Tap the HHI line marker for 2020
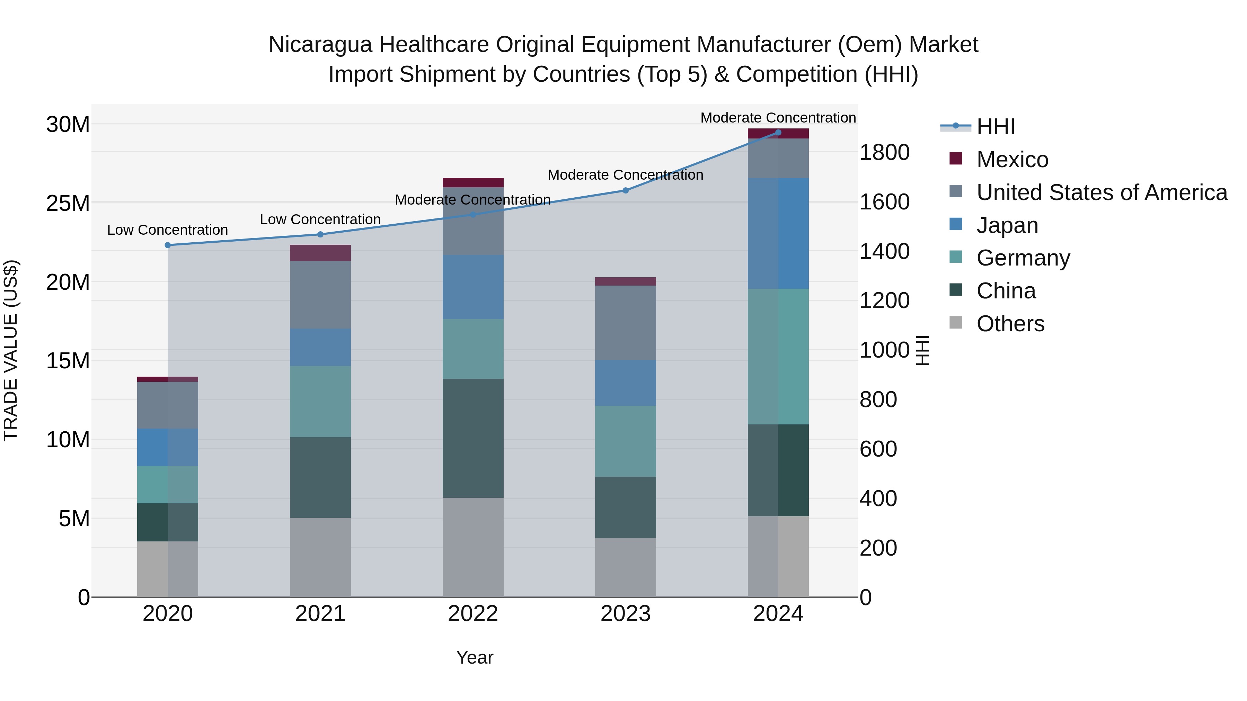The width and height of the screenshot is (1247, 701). pos(168,245)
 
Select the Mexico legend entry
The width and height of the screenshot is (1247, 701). pos(1012,160)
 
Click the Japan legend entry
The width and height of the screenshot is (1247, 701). pos(1007,225)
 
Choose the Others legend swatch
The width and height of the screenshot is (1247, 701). pos(956,323)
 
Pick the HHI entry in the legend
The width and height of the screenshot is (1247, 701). pos(995,127)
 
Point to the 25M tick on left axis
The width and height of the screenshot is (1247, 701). pos(68,204)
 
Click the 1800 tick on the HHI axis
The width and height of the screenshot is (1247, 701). pos(884,153)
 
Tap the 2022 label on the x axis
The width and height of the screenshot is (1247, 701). pos(472,614)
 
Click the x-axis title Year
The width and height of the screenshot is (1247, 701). pos(475,657)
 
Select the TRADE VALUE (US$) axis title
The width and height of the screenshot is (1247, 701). pos(11,350)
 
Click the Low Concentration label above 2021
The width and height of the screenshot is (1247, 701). pos(320,219)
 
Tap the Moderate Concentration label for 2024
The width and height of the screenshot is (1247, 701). pos(778,118)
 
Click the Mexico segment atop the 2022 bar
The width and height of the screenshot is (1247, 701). pos(472,182)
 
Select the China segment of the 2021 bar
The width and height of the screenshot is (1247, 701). pos(320,477)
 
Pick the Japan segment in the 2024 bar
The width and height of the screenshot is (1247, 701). pos(778,233)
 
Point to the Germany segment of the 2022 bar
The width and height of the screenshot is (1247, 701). pos(472,349)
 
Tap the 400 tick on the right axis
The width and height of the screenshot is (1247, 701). pos(878,499)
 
